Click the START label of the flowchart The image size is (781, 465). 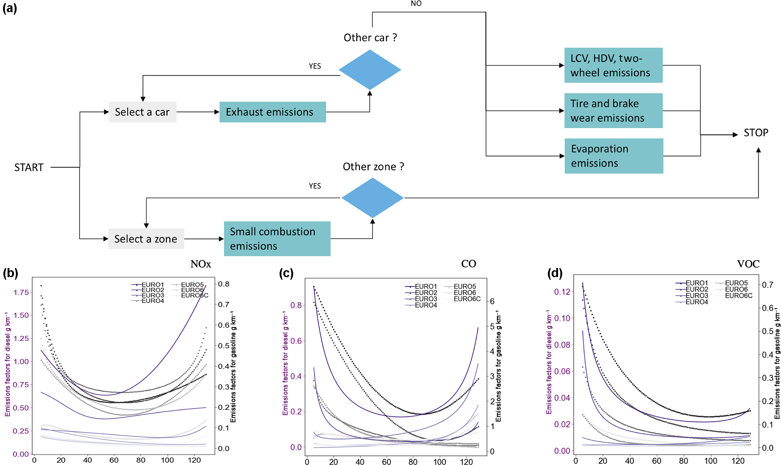click(x=29, y=167)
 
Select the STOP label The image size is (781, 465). click(x=756, y=133)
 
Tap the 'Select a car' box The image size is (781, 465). click(x=142, y=112)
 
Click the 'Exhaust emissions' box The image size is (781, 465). click(x=272, y=112)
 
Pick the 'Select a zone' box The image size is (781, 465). click(x=146, y=239)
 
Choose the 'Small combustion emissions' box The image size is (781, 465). click(x=277, y=239)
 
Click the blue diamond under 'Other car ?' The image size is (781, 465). click(x=370, y=70)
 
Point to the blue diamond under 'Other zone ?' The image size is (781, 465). click(x=373, y=198)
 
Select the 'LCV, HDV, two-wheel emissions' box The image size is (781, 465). click(x=613, y=65)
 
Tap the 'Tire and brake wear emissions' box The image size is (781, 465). click(x=613, y=111)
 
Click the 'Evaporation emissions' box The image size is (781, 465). click(x=614, y=156)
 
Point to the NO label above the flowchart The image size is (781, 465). click(x=416, y=4)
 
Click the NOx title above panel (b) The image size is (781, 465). click(x=201, y=264)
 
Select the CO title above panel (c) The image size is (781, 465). click(x=469, y=264)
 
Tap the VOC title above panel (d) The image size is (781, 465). click(x=748, y=264)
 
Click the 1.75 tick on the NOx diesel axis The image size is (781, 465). click(x=21, y=292)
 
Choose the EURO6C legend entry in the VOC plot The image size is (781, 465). click(x=738, y=296)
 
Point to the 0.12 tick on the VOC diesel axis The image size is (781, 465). click(x=562, y=291)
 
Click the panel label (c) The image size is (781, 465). click(x=286, y=273)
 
